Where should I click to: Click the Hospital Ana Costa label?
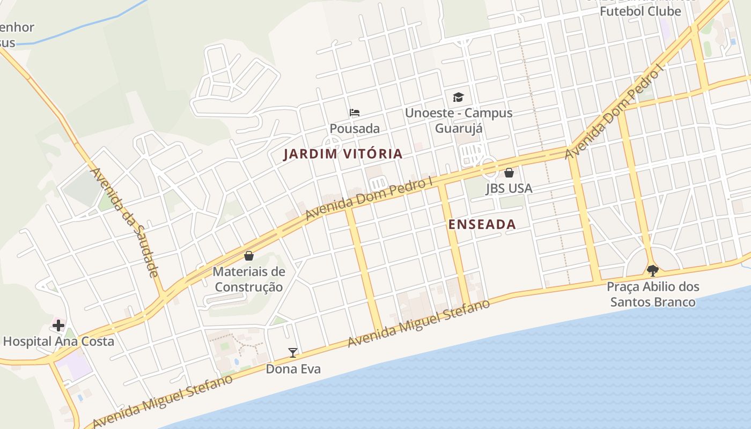tap(58, 342)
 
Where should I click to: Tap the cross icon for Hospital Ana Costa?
tap(58, 325)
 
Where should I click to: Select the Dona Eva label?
tap(293, 369)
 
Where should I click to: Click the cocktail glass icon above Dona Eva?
tap(293, 352)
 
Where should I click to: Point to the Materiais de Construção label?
tap(249, 279)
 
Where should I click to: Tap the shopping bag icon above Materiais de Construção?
tap(249, 256)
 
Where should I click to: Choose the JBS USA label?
tap(509, 188)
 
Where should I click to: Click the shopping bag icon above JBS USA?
tap(509, 173)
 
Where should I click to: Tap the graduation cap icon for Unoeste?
tap(458, 97)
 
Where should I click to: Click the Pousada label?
tap(355, 129)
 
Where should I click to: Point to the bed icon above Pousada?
tap(355, 113)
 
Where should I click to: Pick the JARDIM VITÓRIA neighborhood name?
tap(343, 154)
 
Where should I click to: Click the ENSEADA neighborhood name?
tap(482, 225)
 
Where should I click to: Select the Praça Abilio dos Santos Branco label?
tap(653, 294)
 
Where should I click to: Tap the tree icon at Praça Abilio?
tap(652, 270)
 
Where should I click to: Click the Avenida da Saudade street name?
tap(124, 223)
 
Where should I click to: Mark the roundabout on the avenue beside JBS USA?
tap(489, 167)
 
